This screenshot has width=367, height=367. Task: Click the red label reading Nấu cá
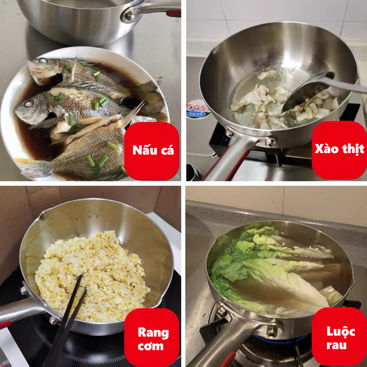point(152,151)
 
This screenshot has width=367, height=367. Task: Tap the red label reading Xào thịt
point(339,150)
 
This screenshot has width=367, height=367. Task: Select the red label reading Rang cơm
point(152,337)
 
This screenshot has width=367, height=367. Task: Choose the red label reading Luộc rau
point(339,337)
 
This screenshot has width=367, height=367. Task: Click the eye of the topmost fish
point(42,60)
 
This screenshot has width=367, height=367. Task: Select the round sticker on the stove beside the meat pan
point(198,109)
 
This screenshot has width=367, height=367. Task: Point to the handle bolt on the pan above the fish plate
point(129,16)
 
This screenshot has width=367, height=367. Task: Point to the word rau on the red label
point(337,345)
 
